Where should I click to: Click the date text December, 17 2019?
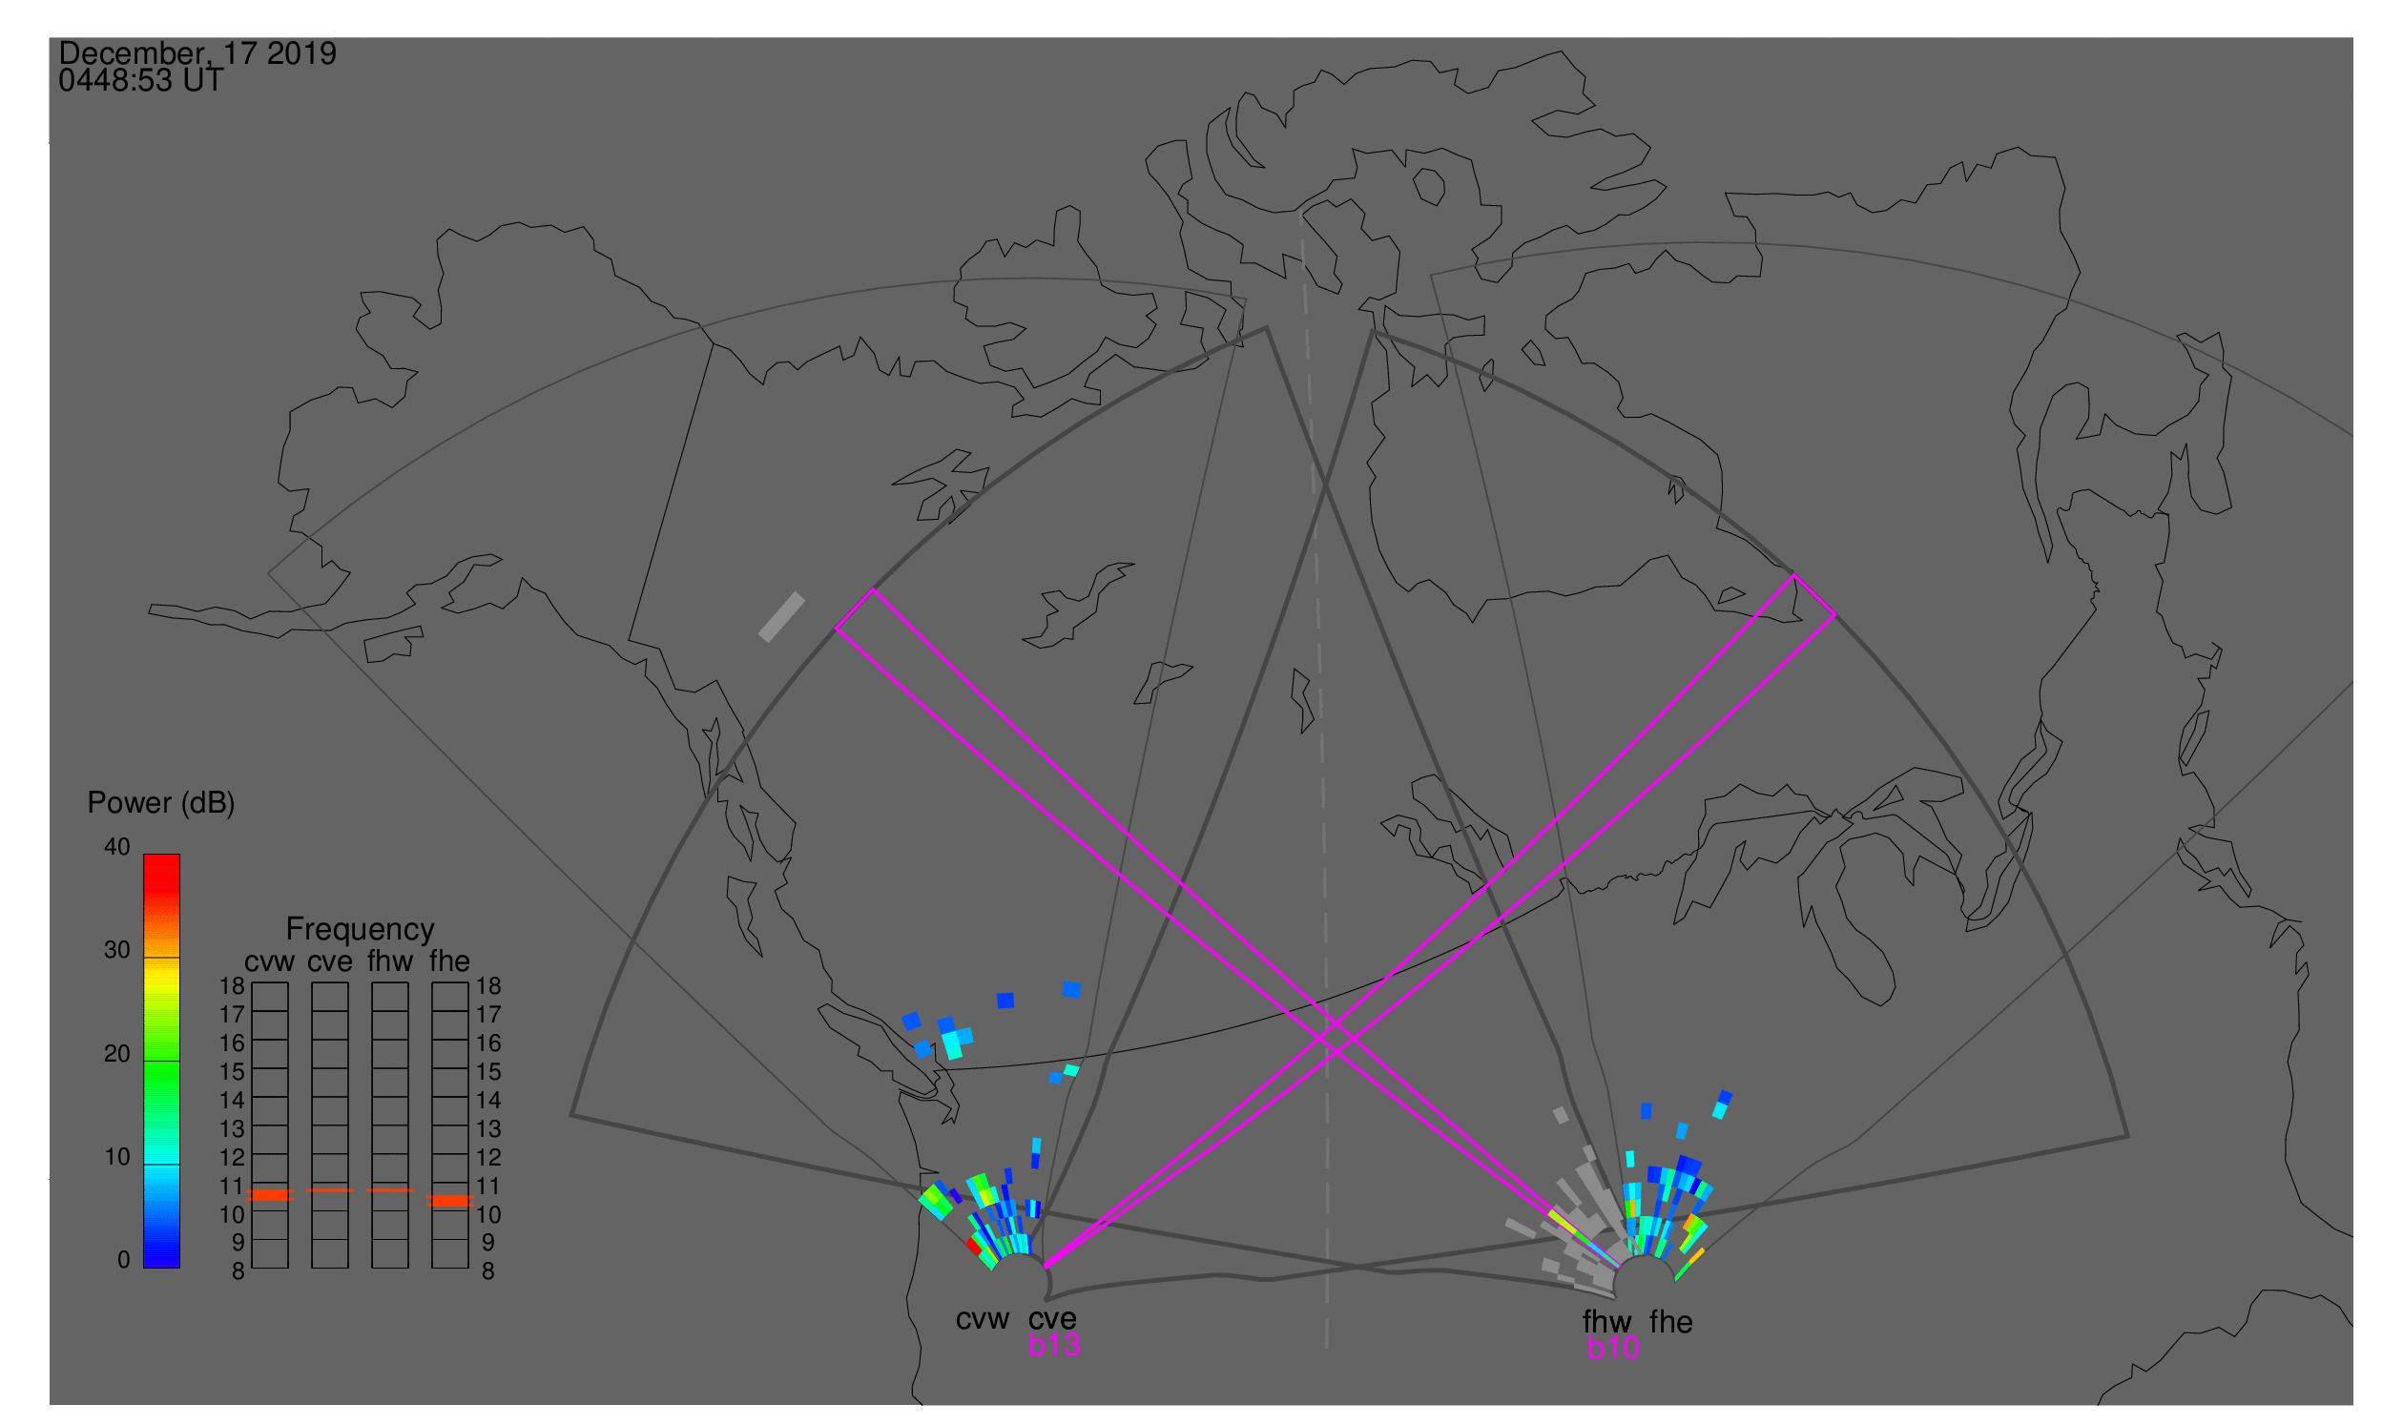click(197, 53)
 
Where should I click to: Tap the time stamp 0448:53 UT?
click(141, 81)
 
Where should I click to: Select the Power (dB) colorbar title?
click(161, 804)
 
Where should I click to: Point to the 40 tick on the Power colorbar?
click(117, 847)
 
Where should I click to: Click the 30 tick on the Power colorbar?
click(117, 951)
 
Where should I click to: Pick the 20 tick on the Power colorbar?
click(117, 1054)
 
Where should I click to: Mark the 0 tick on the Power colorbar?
click(123, 1260)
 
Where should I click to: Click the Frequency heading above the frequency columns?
click(361, 930)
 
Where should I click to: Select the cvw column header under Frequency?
click(269, 962)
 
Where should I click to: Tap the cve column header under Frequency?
click(329, 962)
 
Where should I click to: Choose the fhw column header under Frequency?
click(390, 961)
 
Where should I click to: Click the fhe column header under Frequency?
click(449, 961)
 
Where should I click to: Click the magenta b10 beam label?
click(1613, 1349)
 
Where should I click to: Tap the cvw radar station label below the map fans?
click(983, 1320)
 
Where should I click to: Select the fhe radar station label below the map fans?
click(1671, 1323)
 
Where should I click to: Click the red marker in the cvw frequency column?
click(270, 1195)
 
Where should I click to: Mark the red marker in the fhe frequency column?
click(449, 1201)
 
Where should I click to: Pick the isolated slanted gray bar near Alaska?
click(782, 616)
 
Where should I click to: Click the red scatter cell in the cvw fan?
click(973, 1247)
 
